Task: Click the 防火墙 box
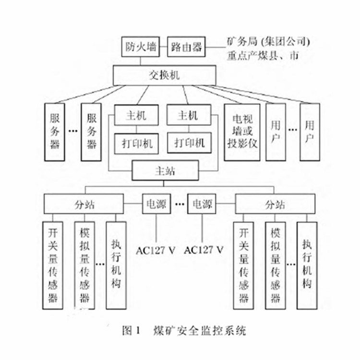pos(140,47)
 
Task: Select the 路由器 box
pos(186,47)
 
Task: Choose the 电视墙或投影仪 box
pos(242,132)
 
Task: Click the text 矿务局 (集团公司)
pos(270,40)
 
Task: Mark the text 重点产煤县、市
pos(263,55)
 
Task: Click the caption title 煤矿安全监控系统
pos(199,330)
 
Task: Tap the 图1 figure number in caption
pos(131,330)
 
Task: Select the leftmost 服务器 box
pos(56,132)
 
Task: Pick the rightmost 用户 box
pos(309,132)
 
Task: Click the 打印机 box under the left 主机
pos(137,143)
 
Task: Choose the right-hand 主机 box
pos(189,116)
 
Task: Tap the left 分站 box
pos(85,204)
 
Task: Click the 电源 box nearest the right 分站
pos(202,204)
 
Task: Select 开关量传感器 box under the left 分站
pos(53,264)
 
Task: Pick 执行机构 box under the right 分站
pos(307,264)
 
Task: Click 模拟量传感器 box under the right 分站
pos(275,264)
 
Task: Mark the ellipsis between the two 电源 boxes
pos(179,204)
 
